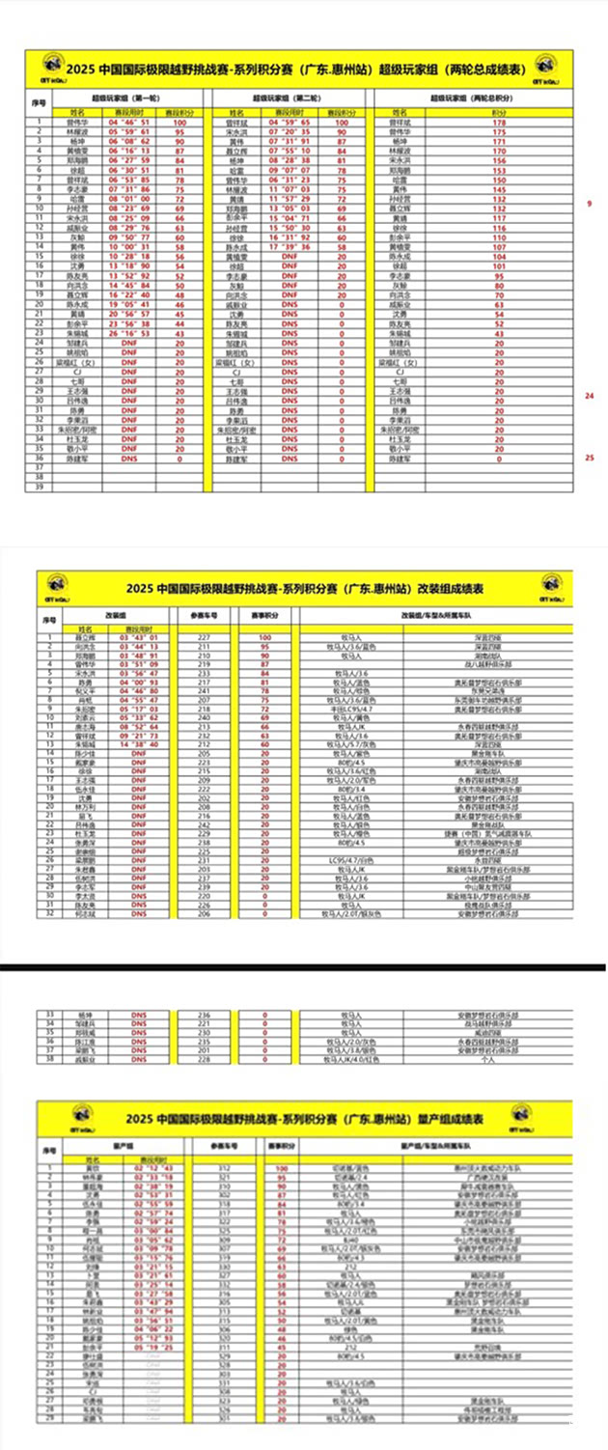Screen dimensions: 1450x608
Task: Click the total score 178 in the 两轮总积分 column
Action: (x=499, y=124)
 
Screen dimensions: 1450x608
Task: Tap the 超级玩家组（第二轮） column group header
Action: (x=289, y=98)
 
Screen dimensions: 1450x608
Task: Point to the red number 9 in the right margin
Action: (x=589, y=205)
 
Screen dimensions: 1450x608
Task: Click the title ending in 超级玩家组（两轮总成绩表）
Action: (x=304, y=70)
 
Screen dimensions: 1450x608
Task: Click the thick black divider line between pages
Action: (x=304, y=965)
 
